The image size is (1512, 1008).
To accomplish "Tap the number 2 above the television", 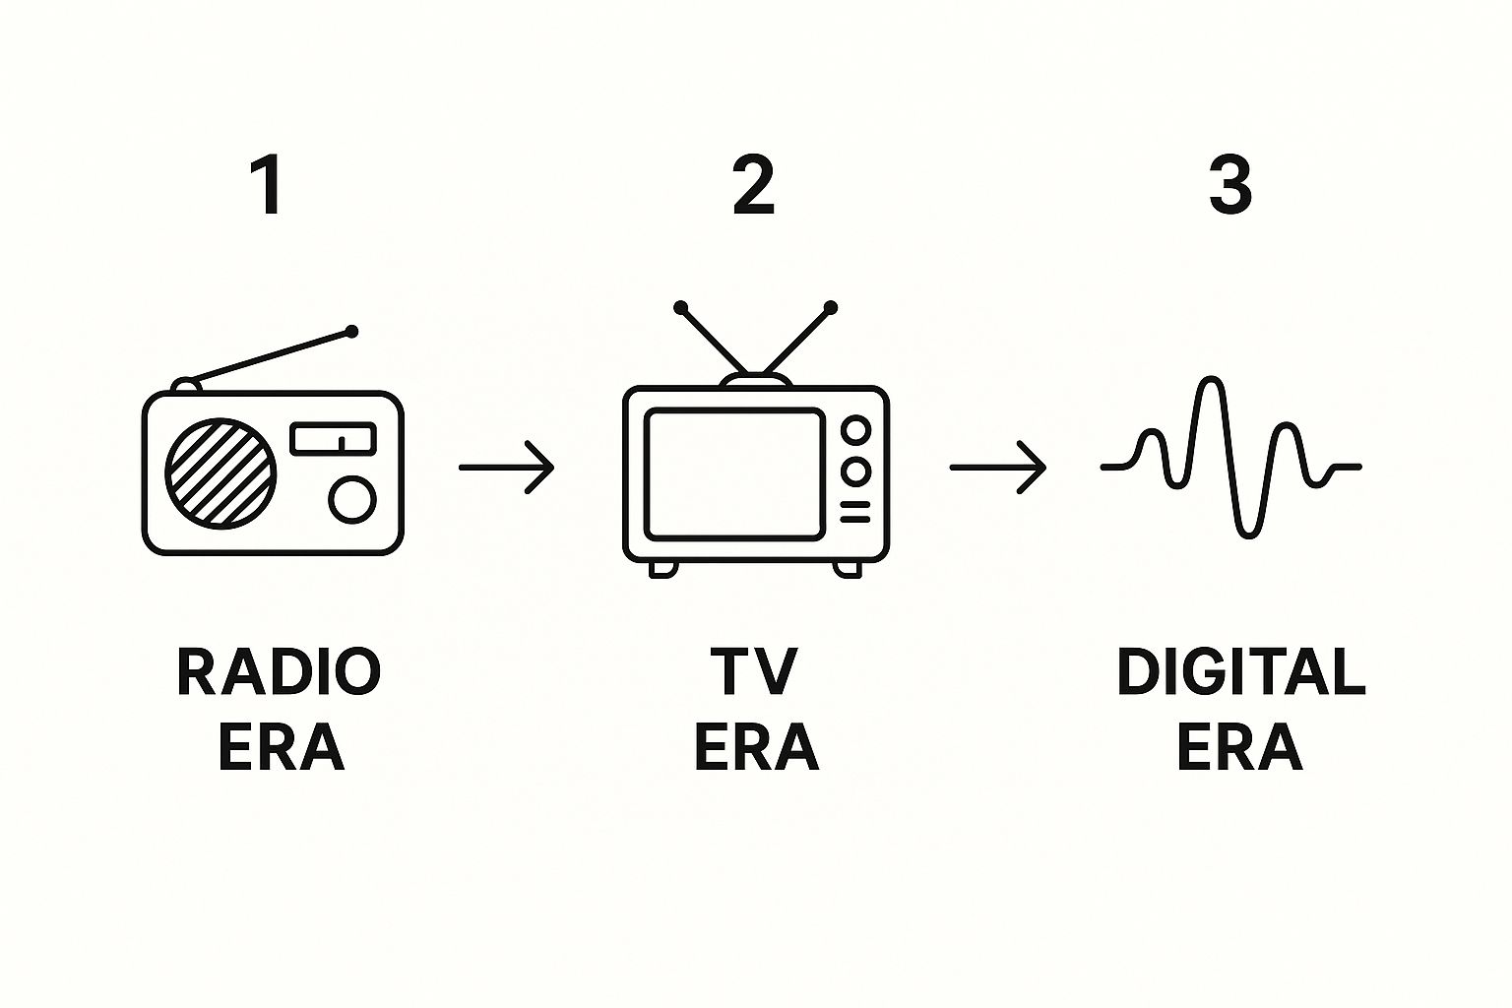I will tap(754, 185).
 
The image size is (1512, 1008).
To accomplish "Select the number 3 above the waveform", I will tap(1230, 185).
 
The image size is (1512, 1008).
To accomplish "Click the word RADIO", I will tap(279, 672).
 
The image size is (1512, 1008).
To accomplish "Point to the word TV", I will tap(754, 672).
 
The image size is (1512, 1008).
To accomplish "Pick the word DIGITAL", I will tap(1240, 672).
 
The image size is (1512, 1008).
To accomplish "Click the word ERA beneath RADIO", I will tap(281, 748).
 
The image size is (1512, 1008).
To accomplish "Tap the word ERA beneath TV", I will tap(756, 748).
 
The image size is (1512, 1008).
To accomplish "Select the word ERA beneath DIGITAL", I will tap(1239, 748).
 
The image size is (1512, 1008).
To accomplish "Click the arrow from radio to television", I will tap(507, 467).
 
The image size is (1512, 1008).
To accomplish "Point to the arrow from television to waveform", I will tap(997, 467).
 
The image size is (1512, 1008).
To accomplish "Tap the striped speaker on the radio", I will tap(220, 472).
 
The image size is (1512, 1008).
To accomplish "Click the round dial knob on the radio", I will tap(352, 499).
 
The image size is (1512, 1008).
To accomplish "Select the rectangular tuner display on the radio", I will tap(334, 438).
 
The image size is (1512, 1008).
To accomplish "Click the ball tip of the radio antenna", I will tap(351, 332).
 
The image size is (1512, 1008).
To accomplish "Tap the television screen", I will tap(734, 473).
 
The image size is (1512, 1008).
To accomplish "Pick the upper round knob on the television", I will tap(856, 430).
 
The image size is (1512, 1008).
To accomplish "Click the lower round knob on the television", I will tap(856, 472).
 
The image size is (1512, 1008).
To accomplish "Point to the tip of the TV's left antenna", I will tap(680, 308).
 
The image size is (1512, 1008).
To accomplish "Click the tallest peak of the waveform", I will tap(1210, 381).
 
